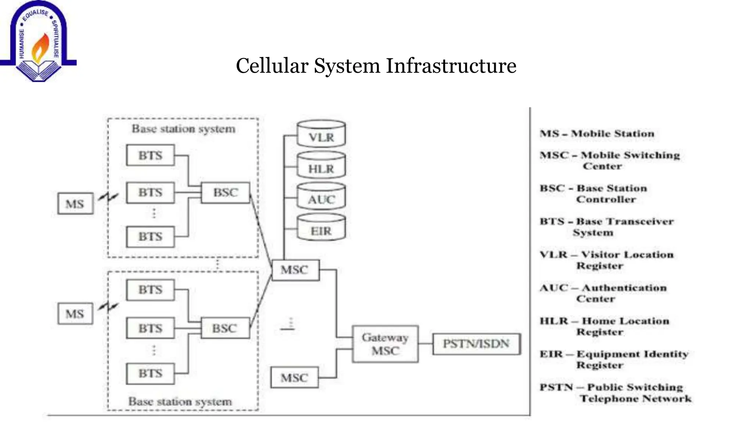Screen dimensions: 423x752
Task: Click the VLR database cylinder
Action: tap(321, 134)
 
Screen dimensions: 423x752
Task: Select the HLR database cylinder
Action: tap(321, 166)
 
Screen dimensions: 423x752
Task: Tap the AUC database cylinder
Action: tap(321, 197)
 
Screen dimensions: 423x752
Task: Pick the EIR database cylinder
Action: tap(321, 228)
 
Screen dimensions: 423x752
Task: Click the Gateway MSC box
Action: tap(385, 344)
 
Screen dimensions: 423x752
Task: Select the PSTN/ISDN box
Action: tap(476, 344)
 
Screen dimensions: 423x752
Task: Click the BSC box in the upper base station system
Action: tap(225, 192)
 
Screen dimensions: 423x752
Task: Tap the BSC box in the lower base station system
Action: tap(225, 328)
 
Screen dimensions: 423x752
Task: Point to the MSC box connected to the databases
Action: tap(295, 270)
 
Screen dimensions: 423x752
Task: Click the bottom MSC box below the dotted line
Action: tap(294, 377)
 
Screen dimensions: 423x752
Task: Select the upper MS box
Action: tap(75, 203)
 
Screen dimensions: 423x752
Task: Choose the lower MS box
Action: tap(75, 314)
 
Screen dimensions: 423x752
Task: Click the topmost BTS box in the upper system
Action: tap(150, 155)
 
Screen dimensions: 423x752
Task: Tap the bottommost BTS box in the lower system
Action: tap(150, 373)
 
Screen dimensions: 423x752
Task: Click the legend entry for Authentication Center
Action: tap(603, 293)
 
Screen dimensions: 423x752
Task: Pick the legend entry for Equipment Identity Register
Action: tap(613, 359)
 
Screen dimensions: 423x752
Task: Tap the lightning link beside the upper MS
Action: tap(109, 198)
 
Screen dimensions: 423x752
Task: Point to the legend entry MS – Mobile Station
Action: tap(597, 134)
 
